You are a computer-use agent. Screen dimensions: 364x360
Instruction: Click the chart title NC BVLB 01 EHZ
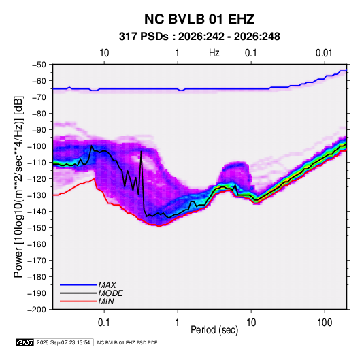coord(199,19)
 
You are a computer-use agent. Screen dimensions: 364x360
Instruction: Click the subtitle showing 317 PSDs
coord(199,37)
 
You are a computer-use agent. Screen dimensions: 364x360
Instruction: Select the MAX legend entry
coord(107,284)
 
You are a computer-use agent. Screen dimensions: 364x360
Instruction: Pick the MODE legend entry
coord(110,293)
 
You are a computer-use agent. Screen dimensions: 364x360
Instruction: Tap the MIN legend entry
coord(106,301)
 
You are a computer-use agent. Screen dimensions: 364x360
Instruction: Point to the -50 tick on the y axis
coord(39,65)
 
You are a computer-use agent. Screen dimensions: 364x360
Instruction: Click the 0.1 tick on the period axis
coord(104,323)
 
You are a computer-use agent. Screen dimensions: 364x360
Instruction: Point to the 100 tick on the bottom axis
coord(325,323)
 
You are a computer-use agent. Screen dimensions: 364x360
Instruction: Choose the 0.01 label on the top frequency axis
coord(324,53)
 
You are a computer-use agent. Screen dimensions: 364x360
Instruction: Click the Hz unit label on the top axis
coord(214,53)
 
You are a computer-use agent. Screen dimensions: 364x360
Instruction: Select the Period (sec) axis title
coord(214,330)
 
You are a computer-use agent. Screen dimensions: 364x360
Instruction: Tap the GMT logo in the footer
coord(24,342)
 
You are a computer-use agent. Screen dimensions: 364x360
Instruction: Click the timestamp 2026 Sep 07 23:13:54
coord(63,342)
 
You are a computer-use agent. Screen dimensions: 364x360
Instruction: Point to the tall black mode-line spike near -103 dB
coord(141,152)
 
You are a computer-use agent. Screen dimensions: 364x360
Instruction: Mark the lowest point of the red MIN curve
coord(159,226)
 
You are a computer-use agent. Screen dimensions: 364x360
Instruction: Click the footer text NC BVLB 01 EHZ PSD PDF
coord(127,342)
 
